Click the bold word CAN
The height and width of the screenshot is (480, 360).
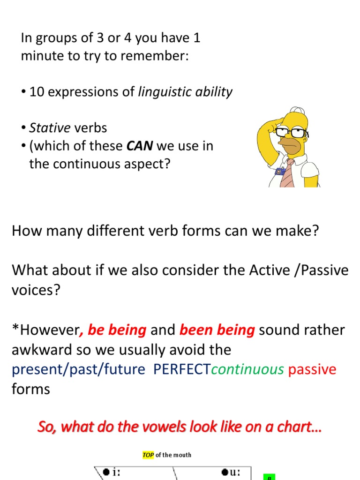(x=140, y=146)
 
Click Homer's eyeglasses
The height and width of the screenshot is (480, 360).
(x=291, y=133)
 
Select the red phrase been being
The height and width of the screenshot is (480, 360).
(x=217, y=330)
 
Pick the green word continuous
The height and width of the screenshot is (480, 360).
(x=247, y=369)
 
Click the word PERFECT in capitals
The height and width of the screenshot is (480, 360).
(x=182, y=369)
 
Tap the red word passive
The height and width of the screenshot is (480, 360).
(x=312, y=369)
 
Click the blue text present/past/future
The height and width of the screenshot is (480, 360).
(x=78, y=369)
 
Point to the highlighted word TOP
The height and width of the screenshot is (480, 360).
(x=148, y=455)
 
